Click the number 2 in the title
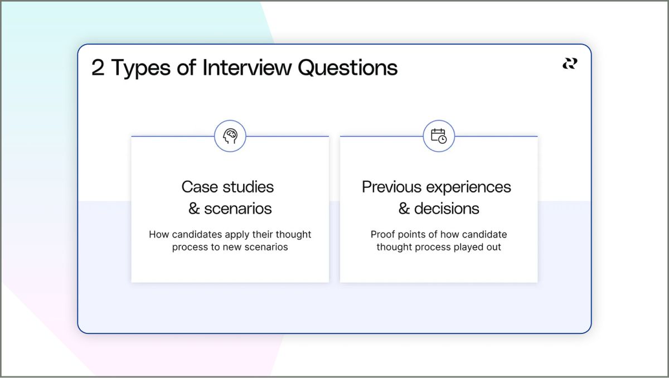click(x=98, y=68)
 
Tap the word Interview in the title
click(x=246, y=68)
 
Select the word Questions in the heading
click(x=347, y=68)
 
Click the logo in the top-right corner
click(x=569, y=64)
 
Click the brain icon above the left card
click(x=230, y=136)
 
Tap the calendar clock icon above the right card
click(x=439, y=136)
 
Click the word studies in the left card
click(x=248, y=187)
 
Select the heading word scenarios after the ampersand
click(x=238, y=209)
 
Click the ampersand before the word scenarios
click(x=194, y=209)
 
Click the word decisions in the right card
click(x=447, y=209)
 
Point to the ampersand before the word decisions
click(x=404, y=209)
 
